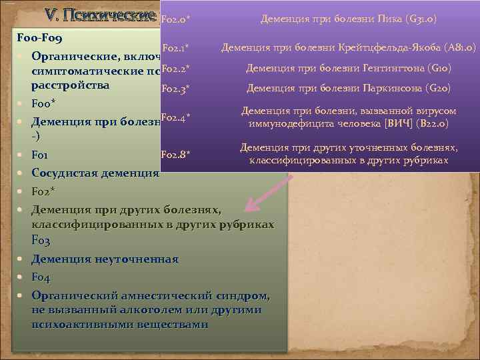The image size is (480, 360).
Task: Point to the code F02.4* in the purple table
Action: [x=177, y=117]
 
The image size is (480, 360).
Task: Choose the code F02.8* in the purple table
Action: [x=177, y=155]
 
